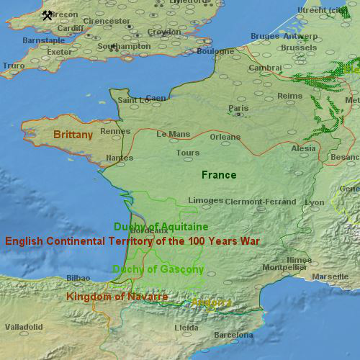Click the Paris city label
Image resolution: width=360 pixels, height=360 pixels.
pyautogui.click(x=238, y=109)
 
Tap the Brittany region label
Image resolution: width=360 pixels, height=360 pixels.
pyautogui.click(x=73, y=135)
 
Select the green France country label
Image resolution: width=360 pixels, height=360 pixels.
pyautogui.click(x=219, y=175)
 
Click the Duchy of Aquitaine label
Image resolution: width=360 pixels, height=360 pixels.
pyautogui.click(x=161, y=227)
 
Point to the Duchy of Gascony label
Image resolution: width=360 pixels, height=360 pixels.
pyautogui.click(x=158, y=269)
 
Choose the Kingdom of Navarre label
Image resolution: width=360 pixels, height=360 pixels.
pyautogui.click(x=117, y=297)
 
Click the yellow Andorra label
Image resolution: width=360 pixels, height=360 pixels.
pyautogui.click(x=211, y=303)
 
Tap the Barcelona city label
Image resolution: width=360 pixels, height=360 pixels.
pyautogui.click(x=233, y=335)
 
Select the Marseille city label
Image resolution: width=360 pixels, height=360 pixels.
pyautogui.click(x=330, y=277)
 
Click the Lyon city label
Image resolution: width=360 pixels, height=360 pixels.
pyautogui.click(x=315, y=202)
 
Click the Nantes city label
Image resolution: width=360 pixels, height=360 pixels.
pyautogui.click(x=119, y=158)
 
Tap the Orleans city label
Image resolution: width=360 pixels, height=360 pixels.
pyautogui.click(x=225, y=137)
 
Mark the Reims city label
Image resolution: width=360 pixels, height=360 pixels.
pyautogui.click(x=290, y=95)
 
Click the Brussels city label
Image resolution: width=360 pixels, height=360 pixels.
pyautogui.click(x=298, y=48)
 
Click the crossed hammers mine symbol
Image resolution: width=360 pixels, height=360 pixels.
pyautogui.click(x=48, y=15)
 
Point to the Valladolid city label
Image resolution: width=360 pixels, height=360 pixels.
pyautogui.click(x=24, y=327)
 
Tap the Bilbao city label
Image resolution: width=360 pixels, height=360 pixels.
pyautogui.click(x=78, y=277)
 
